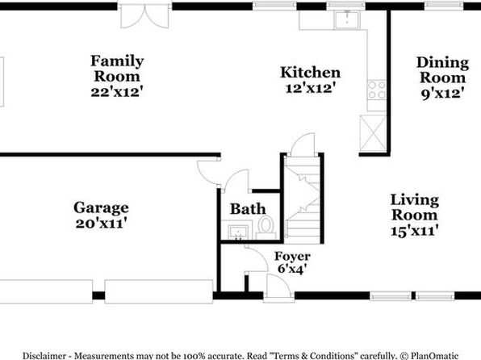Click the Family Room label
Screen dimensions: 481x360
tap(117, 68)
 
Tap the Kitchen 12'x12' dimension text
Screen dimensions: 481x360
tap(309, 88)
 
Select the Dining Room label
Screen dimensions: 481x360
tap(442, 70)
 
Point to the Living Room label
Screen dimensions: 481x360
tap(415, 207)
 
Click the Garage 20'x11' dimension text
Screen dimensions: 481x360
tap(101, 223)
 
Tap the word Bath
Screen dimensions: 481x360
tap(248, 209)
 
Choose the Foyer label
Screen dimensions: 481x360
tap(292, 256)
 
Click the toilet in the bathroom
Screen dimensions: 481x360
tap(266, 227)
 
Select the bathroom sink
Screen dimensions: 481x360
tap(238, 232)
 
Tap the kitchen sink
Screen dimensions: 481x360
tap(347, 20)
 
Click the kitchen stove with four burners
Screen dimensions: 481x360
tap(377, 90)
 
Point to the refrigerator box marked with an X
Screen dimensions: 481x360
tap(373, 133)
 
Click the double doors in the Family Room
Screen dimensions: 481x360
tap(144, 17)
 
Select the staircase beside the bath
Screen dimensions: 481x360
tap(303, 200)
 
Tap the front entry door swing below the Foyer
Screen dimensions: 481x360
tap(278, 287)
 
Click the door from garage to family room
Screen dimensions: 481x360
tap(208, 173)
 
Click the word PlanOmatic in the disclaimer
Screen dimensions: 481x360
tap(434, 356)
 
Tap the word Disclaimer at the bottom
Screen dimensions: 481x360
tap(44, 356)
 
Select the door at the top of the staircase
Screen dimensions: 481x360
tap(303, 144)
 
